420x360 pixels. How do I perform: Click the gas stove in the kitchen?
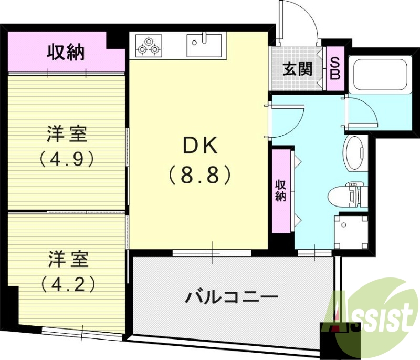click(x=149, y=45)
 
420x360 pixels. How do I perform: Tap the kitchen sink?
click(x=205, y=45)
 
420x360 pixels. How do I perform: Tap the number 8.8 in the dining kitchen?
click(x=199, y=175)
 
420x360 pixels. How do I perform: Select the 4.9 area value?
click(x=67, y=159)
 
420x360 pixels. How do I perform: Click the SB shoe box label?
click(x=334, y=68)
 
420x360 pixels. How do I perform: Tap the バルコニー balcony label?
click(x=231, y=298)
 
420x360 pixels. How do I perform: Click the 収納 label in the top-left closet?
click(x=66, y=53)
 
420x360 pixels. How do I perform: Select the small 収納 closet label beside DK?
click(x=281, y=190)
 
